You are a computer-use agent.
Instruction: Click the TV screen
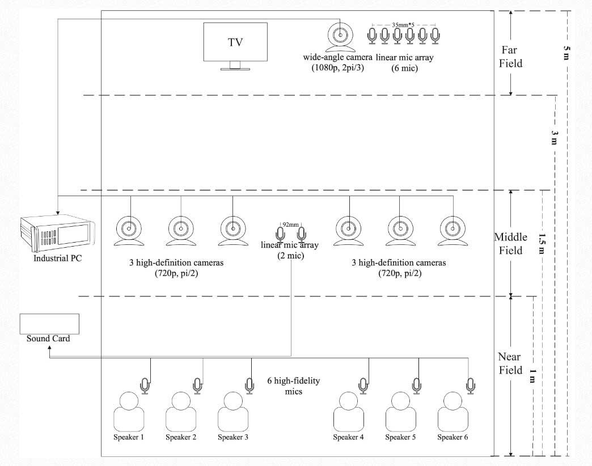pos(235,43)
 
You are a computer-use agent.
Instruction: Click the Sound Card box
pos(49,324)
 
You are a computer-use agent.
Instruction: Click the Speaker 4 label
pos(348,437)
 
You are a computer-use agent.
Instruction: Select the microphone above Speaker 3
pos(250,386)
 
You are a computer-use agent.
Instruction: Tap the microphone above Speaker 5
pos(417,386)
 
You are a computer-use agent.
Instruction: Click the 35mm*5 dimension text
pos(403,26)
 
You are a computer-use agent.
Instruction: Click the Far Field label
pos(510,56)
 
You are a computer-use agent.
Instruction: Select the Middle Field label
pos(510,244)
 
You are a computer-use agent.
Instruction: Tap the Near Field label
pos(510,363)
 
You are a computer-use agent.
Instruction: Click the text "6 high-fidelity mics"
pos(293,386)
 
